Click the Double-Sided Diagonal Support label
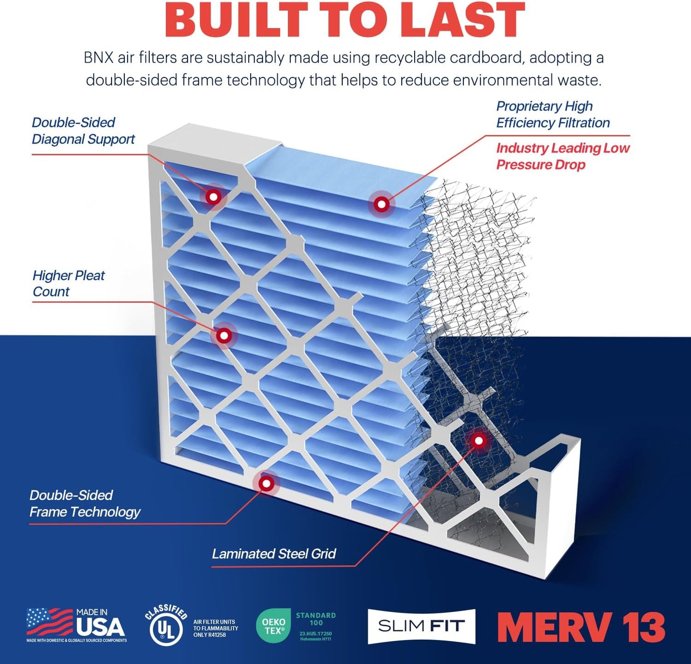click(x=83, y=131)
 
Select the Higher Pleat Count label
click(x=68, y=283)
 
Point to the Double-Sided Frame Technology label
click(x=85, y=503)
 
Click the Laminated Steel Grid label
click(x=274, y=553)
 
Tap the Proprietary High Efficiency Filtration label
click(x=552, y=114)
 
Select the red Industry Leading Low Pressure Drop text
click(x=562, y=156)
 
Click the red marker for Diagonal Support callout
click(x=213, y=196)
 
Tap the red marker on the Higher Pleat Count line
click(x=223, y=335)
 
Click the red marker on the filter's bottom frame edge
click(x=266, y=483)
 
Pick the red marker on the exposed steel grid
click(x=478, y=440)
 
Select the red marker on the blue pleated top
click(x=381, y=204)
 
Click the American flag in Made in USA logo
click(x=49, y=621)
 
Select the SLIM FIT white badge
click(x=421, y=626)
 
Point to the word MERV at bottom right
click(x=555, y=627)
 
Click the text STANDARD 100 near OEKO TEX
click(x=316, y=619)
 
